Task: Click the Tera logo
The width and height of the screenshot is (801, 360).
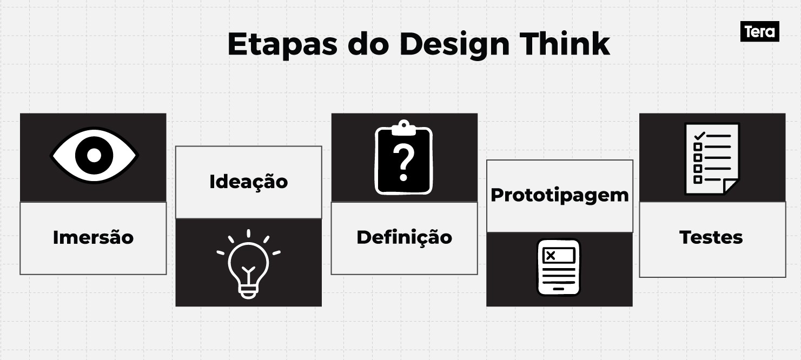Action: (x=759, y=32)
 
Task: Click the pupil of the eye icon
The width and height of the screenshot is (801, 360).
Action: (x=94, y=156)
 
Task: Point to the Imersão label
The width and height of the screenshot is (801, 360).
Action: (x=93, y=237)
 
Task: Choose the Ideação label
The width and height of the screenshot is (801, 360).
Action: (x=248, y=182)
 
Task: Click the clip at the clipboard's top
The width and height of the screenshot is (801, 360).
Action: (x=403, y=128)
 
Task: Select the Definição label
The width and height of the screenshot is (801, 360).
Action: (x=404, y=237)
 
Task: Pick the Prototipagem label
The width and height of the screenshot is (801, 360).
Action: (x=559, y=195)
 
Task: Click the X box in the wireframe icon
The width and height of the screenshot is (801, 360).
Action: (x=551, y=256)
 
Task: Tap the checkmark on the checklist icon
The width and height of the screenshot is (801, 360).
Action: (x=699, y=135)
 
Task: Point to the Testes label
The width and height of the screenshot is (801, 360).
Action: (x=711, y=237)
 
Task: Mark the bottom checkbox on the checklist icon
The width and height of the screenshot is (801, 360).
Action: (x=698, y=179)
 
